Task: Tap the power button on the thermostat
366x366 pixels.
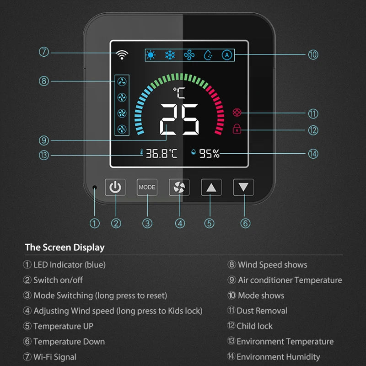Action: (x=115, y=187)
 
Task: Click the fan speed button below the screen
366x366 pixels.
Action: (x=179, y=187)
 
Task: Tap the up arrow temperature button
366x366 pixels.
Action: (x=211, y=187)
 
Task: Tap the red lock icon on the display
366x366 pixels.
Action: (x=237, y=129)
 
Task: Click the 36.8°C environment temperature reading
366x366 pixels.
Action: (x=161, y=154)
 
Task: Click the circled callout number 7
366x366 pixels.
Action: (x=44, y=52)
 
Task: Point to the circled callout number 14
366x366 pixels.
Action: (x=313, y=154)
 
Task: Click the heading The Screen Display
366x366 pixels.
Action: (x=65, y=248)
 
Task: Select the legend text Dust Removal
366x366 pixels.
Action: (x=262, y=311)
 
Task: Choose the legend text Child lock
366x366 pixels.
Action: (x=254, y=326)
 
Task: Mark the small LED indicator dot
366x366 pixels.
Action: (x=95, y=188)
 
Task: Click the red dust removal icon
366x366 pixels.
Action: (x=237, y=112)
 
